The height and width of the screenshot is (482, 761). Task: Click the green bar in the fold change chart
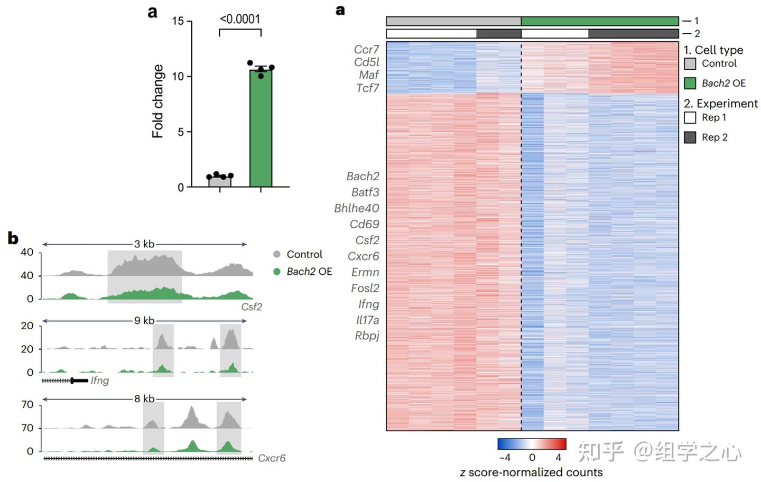pyautogui.click(x=261, y=129)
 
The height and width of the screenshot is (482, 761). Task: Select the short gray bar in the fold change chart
pyautogui.click(x=219, y=181)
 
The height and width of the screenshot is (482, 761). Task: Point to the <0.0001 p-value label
pyautogui.click(x=240, y=19)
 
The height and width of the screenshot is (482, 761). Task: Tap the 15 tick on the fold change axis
pyautogui.click(x=178, y=21)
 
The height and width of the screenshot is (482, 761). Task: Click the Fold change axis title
pyautogui.click(x=157, y=101)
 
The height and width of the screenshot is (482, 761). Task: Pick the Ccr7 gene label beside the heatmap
pyautogui.click(x=366, y=49)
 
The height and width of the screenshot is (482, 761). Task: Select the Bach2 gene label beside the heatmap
pyautogui.click(x=363, y=176)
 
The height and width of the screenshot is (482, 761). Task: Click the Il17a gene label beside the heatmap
pyautogui.click(x=367, y=320)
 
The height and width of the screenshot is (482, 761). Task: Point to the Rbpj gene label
pyautogui.click(x=367, y=336)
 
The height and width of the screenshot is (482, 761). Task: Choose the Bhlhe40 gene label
pyautogui.click(x=356, y=208)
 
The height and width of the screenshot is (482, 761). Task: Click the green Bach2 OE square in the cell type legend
pyautogui.click(x=690, y=83)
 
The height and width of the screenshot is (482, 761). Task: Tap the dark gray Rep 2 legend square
pyautogui.click(x=690, y=137)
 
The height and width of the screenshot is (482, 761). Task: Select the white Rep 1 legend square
pyautogui.click(x=690, y=117)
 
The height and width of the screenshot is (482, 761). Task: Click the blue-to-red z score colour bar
pyautogui.click(x=532, y=443)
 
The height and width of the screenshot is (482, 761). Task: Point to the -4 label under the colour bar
pyautogui.click(x=504, y=457)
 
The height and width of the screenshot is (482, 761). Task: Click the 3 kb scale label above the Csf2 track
pyautogui.click(x=144, y=244)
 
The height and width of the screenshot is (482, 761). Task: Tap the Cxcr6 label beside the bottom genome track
pyautogui.click(x=272, y=458)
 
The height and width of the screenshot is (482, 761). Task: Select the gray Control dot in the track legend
pyautogui.click(x=277, y=254)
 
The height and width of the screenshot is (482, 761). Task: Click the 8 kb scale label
pyautogui.click(x=144, y=398)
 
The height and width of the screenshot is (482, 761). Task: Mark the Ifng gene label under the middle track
pyautogui.click(x=100, y=381)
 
